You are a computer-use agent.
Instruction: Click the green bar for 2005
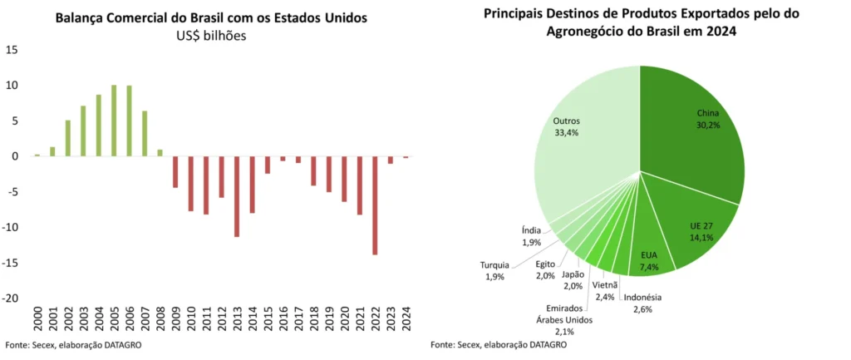[114, 121]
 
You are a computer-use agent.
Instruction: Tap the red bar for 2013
[237, 196]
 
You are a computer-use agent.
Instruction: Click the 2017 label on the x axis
[298, 319]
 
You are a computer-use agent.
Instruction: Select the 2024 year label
[406, 319]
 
